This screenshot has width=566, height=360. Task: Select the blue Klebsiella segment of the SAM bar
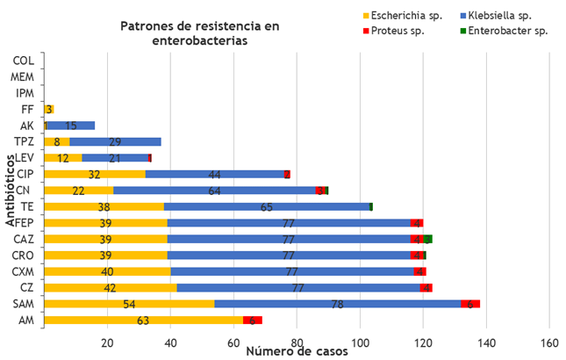(x=338, y=304)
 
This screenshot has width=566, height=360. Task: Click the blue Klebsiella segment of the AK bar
(x=71, y=126)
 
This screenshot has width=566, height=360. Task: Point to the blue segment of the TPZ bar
(x=115, y=141)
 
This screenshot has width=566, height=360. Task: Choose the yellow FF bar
(x=48, y=110)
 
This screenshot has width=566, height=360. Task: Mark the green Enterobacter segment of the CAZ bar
(x=428, y=239)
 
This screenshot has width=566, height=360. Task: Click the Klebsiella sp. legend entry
(x=501, y=15)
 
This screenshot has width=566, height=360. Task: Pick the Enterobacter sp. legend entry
(x=504, y=31)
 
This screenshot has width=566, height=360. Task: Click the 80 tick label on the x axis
(x=297, y=342)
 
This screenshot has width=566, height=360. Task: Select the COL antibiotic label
(x=24, y=61)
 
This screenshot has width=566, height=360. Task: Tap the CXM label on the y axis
(x=24, y=271)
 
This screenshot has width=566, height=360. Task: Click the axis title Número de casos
(x=296, y=352)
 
